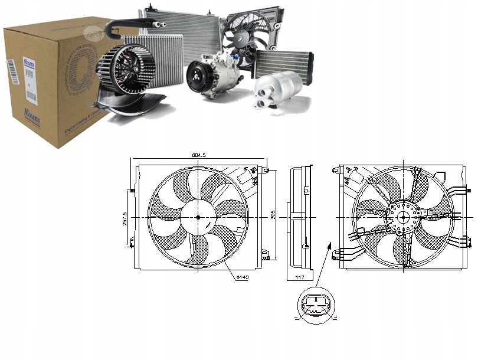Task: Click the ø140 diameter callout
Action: coord(241,276)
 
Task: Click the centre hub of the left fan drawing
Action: coord(198,217)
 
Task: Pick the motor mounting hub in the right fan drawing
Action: coord(404,217)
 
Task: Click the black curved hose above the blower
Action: coord(127,25)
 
